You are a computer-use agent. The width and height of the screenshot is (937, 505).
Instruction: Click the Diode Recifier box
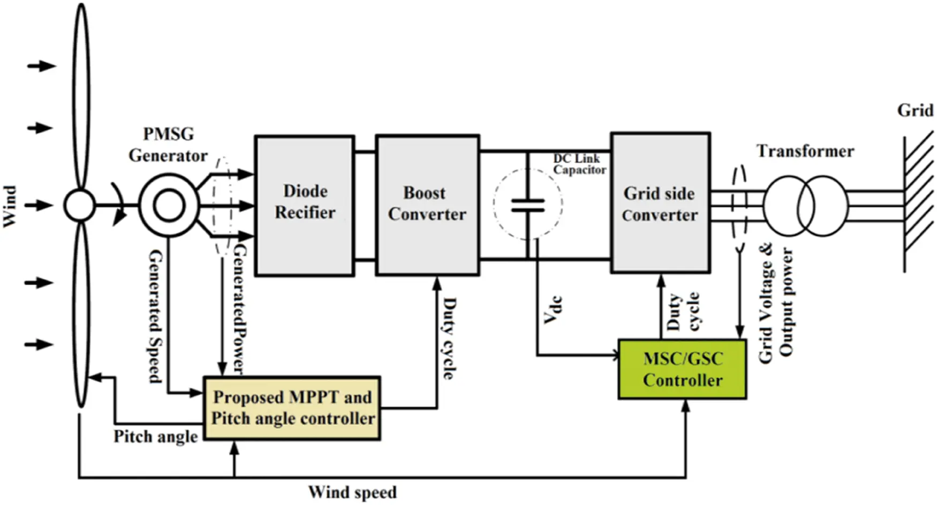(304, 205)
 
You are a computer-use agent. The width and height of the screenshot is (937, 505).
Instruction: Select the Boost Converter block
(427, 205)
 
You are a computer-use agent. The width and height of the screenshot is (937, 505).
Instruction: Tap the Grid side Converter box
(660, 203)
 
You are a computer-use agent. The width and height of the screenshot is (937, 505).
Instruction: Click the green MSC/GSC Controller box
(682, 369)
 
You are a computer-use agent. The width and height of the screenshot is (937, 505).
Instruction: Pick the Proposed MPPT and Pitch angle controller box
(292, 408)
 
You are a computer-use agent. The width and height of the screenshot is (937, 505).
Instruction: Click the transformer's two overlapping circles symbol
(805, 206)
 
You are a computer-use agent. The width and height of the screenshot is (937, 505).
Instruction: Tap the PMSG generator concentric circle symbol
(169, 206)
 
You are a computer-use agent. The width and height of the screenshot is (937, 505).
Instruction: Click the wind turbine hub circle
(79, 205)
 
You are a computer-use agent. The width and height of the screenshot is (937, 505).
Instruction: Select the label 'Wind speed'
(352, 492)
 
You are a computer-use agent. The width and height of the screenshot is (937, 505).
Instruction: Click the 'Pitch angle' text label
(155, 436)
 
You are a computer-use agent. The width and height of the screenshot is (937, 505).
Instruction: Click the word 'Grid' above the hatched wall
(915, 111)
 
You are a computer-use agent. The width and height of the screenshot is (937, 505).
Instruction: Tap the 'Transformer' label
(805, 151)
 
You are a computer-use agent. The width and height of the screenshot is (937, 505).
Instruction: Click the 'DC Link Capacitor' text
(579, 164)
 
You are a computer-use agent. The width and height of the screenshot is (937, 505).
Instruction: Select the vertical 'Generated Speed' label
(155, 316)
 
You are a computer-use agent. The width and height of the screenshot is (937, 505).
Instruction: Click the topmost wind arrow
(42, 66)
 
